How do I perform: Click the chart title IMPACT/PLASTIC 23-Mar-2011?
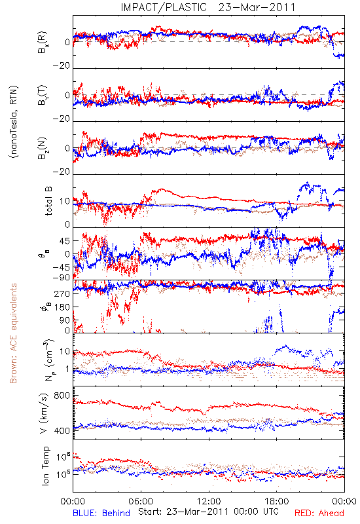click(208, 7)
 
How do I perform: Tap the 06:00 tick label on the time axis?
click(141, 502)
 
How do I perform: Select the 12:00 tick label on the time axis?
click(209, 502)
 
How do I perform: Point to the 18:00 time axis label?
click(277, 502)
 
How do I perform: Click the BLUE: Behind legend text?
click(101, 514)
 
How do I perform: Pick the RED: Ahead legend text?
click(319, 514)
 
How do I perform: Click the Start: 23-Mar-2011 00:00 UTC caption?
click(208, 512)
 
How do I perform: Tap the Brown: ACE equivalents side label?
click(13, 333)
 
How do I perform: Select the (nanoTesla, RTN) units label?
click(14, 122)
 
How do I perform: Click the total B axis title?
click(48, 201)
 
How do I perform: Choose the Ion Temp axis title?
click(45, 466)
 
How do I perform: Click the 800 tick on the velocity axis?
click(62, 396)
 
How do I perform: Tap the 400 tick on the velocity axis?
click(62, 431)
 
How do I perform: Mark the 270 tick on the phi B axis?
click(62, 293)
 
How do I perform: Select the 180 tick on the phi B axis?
click(62, 307)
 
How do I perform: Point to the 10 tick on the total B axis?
click(65, 202)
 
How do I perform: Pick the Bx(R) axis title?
click(43, 43)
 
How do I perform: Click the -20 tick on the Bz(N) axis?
click(61, 172)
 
